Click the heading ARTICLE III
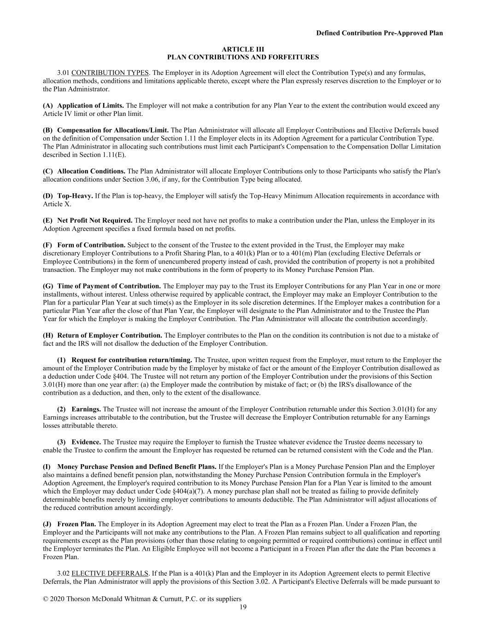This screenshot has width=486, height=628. pyautogui.click(x=243, y=49)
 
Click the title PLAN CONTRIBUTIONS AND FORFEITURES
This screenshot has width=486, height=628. pyautogui.click(x=243, y=58)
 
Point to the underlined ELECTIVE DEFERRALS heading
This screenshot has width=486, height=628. pyautogui.click(x=110, y=573)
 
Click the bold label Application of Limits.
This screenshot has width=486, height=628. pyautogui.click(x=90, y=106)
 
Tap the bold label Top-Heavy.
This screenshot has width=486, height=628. pyautogui.click(x=75, y=196)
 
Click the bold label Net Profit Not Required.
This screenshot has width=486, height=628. pyautogui.click(x=95, y=220)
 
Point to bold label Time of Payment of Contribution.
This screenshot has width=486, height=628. pyautogui.click(x=109, y=286)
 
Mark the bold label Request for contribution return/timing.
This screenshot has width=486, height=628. pyautogui.click(x=132, y=360)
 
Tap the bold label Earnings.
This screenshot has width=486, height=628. pyautogui.click(x=86, y=409)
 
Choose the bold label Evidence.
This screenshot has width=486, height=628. pyautogui.click(x=86, y=442)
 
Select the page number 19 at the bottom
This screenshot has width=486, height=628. pyautogui.click(x=243, y=607)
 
